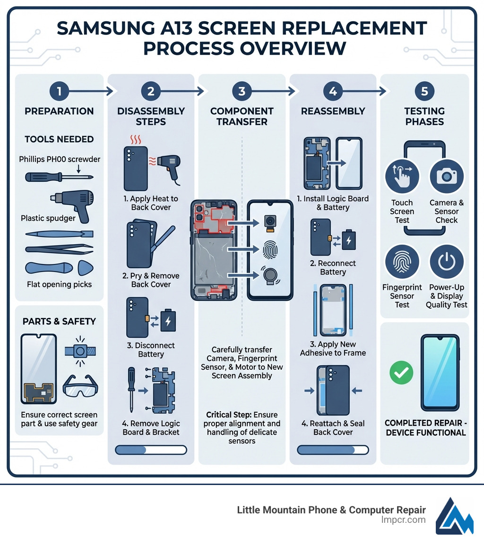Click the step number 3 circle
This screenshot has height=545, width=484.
point(242,91)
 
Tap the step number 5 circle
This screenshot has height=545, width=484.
point(424,91)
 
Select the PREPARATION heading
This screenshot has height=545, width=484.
point(59,111)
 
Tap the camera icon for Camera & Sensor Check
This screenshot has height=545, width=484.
point(446,177)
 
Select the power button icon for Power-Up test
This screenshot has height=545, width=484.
point(446,262)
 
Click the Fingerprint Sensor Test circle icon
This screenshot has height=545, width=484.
point(402,263)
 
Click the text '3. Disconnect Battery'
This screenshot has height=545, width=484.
point(151,350)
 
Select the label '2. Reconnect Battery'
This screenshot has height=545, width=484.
point(333,268)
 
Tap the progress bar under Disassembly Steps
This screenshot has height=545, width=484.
point(151,450)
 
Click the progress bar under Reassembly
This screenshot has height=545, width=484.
point(333,450)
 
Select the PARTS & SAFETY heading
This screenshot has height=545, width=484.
point(59,322)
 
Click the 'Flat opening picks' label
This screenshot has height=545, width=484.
point(60,284)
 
